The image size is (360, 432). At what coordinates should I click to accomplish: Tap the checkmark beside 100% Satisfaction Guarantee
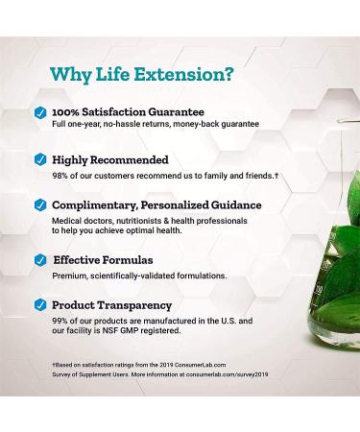tap(40, 111)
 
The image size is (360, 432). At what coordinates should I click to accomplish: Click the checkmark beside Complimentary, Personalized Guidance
tap(40, 204)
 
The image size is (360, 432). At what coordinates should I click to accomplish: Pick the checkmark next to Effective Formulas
tap(40, 259)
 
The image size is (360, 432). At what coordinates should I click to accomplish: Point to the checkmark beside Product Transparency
tap(40, 305)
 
